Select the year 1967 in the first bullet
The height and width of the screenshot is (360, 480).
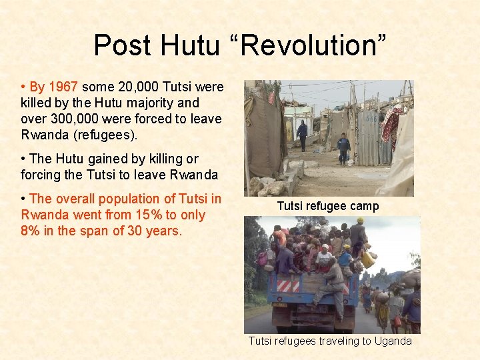click(x=63, y=87)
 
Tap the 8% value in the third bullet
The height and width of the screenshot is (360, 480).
click(x=33, y=231)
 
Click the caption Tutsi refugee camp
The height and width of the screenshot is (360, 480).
click(x=327, y=207)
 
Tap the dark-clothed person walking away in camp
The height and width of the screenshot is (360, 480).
click(x=302, y=135)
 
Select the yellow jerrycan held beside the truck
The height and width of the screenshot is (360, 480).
click(x=367, y=259)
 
